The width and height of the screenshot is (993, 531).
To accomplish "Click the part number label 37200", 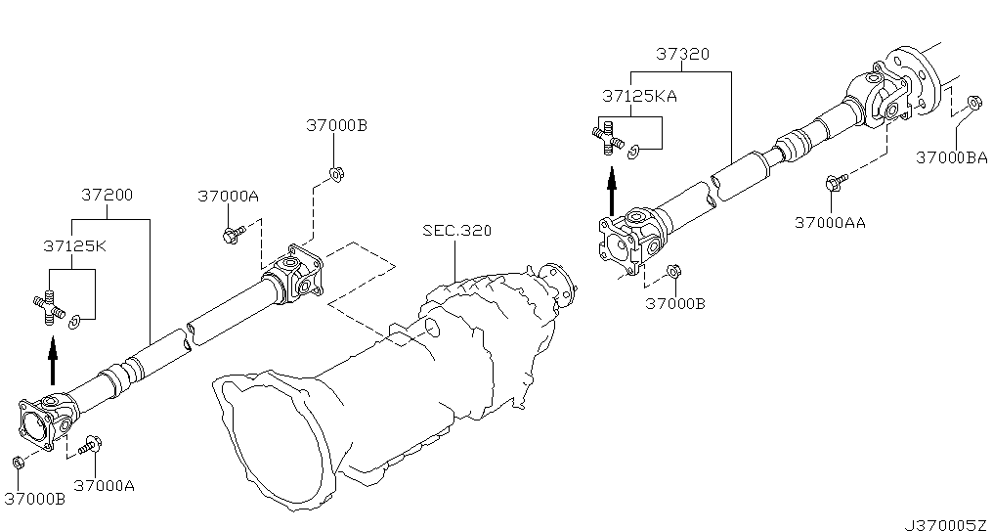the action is pos(108,195).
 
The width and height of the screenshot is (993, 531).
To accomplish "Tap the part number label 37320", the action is pos(682,54).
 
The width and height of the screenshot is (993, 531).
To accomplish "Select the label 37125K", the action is pos(74,245).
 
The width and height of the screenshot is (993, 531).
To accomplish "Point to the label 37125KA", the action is pos(639,96).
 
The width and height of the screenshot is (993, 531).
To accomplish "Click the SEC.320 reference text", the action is pos(457,230).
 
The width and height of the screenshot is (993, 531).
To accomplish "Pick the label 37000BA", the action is pos(952,157).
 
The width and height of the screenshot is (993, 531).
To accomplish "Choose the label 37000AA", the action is pos(830,222).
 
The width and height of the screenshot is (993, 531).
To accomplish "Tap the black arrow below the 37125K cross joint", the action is pos(53,361).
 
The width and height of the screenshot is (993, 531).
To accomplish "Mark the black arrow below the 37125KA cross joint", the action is pos(612,191).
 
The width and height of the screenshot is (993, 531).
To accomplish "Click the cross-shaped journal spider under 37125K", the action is pos(49,307).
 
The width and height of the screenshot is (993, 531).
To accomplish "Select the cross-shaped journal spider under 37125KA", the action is pos(608,137).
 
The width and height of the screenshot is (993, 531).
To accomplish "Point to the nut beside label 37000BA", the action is pos(974,102).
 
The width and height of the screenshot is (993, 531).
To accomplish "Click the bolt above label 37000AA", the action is pos(836,183).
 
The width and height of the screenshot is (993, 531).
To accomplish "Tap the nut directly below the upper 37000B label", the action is pos(336,173).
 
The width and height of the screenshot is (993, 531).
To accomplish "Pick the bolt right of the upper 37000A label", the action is pos(233,235).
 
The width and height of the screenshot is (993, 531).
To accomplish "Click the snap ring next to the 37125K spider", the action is pos(74,323).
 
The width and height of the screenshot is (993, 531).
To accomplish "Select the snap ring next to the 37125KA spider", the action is pos(634,153).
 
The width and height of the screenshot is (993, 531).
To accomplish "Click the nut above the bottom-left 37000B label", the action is pos(19,463).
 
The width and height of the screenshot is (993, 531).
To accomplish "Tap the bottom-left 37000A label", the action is pos(105,486).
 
